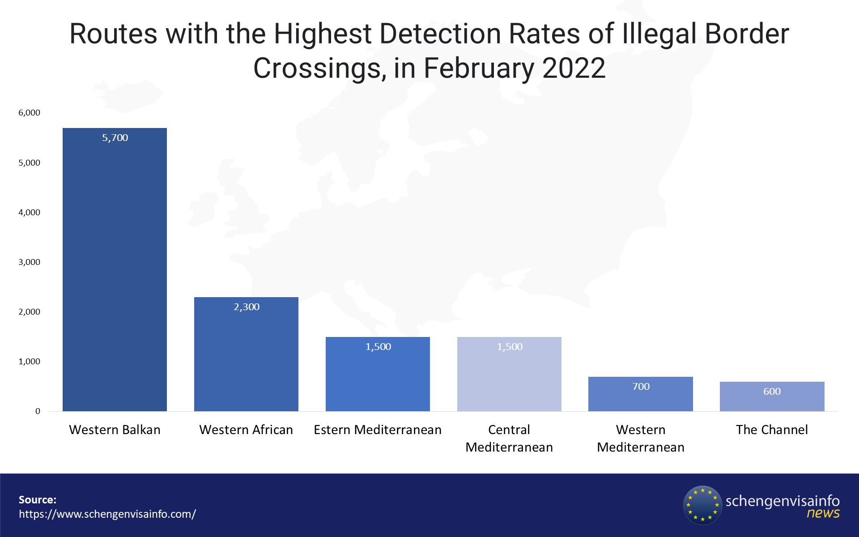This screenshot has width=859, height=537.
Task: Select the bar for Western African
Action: [246, 354]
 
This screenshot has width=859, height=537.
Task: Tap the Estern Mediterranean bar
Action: [378, 374]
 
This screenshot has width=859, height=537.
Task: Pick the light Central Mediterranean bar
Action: [509, 374]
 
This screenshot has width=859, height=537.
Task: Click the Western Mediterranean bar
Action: [640, 394]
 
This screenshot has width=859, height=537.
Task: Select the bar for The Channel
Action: [772, 396]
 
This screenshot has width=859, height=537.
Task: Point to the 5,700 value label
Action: [115, 138]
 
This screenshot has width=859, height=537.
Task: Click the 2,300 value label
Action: [247, 307]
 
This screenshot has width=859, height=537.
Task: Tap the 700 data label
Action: [641, 387]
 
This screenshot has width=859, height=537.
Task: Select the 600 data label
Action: [772, 392]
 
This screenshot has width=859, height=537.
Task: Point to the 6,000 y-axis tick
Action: [29, 113]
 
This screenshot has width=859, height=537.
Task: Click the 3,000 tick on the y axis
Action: [29, 262]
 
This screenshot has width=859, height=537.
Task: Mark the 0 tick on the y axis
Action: [38, 411]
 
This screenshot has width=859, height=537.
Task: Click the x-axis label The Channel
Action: [772, 430]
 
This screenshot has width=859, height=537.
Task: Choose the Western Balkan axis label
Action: [115, 430]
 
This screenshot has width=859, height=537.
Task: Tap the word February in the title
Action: [478, 68]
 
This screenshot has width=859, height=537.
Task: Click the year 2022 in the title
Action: [574, 68]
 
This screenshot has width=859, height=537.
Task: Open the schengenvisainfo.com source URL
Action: [107, 514]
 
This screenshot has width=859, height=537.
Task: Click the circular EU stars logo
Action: [702, 505]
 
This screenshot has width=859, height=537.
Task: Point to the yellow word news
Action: [823, 513]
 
